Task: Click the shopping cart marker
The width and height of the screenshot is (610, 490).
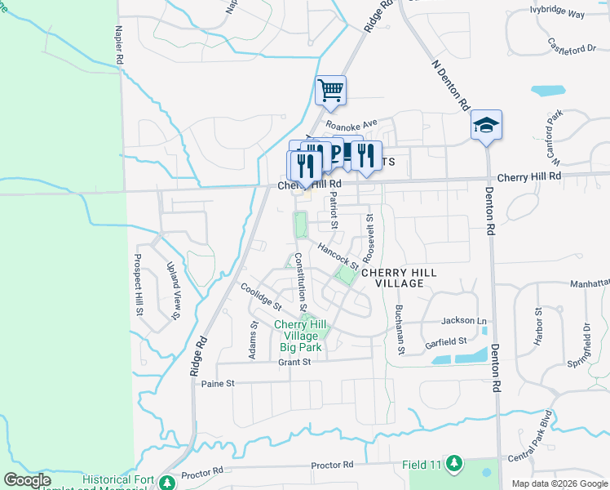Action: pos(330,90)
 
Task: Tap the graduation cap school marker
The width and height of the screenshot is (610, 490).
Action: pos(486,124)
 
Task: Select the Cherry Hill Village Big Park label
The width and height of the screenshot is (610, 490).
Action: pos(301,336)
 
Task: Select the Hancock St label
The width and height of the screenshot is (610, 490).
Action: pos(338,256)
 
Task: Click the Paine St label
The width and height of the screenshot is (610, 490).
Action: pos(218,383)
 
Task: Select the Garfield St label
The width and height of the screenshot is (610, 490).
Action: pos(445,343)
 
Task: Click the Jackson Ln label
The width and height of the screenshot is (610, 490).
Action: pos(463,322)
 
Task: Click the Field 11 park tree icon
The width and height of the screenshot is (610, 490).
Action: pos(454,465)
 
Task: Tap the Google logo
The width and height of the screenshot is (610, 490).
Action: pos(27,480)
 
